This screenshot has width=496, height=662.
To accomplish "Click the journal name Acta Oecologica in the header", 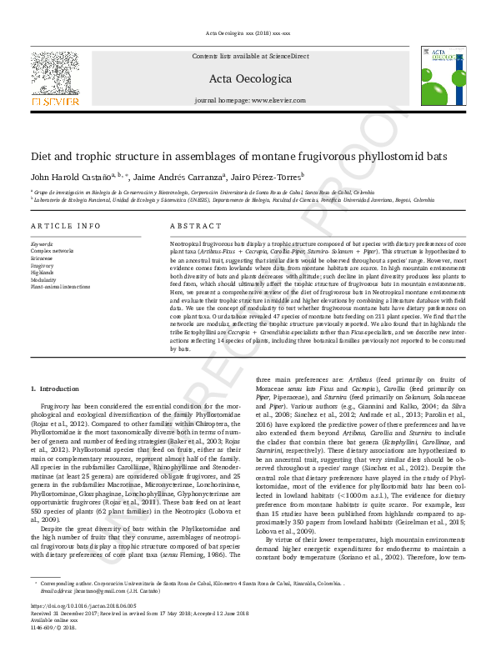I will point(248,80).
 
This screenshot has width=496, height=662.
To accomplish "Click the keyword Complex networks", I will point(52,250).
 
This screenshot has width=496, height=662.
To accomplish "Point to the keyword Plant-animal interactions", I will point(61,287).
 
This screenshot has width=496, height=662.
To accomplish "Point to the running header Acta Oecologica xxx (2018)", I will point(248,33).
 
